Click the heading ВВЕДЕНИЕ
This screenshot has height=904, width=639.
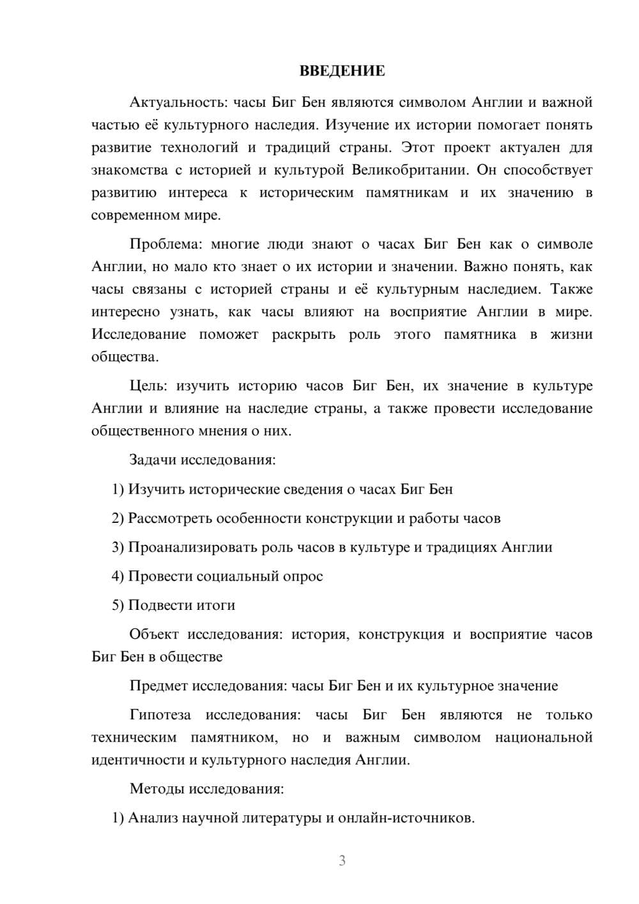(342, 71)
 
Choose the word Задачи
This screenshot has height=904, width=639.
(153, 460)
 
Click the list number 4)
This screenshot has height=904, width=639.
(118, 576)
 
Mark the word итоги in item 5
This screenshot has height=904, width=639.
(216, 605)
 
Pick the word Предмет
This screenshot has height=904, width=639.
(158, 686)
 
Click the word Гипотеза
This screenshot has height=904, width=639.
(160, 715)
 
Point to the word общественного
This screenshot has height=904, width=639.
(142, 431)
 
